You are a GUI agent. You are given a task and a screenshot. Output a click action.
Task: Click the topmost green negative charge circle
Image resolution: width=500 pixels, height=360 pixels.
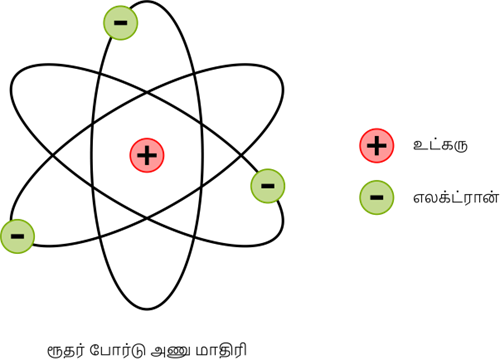click(x=121, y=22)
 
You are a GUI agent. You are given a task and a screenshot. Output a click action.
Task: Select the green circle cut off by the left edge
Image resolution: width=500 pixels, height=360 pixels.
click(x=17, y=236)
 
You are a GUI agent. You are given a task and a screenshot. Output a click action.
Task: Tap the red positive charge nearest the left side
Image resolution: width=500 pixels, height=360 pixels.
click(x=147, y=155)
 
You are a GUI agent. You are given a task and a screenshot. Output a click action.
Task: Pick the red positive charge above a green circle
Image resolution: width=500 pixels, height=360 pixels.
click(x=377, y=146)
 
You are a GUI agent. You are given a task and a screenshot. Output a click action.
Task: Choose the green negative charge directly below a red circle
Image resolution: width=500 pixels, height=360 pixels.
click(x=377, y=197)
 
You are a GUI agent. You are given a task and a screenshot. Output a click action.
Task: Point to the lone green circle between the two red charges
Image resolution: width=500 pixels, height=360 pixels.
click(x=268, y=186)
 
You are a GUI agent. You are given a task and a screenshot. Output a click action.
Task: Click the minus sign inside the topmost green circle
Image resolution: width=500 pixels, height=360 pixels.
click(x=121, y=21)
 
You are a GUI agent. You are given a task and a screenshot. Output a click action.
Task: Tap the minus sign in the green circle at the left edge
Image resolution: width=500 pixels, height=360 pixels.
click(x=16, y=236)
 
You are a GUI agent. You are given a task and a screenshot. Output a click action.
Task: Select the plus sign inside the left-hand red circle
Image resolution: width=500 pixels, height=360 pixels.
click(x=147, y=155)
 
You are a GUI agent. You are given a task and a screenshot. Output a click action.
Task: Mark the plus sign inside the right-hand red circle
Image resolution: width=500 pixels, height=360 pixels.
click(x=377, y=146)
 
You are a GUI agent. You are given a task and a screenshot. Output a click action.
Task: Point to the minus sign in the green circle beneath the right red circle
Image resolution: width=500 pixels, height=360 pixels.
click(x=377, y=197)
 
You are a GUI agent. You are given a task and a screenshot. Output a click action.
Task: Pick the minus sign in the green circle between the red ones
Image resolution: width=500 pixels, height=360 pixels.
click(x=268, y=185)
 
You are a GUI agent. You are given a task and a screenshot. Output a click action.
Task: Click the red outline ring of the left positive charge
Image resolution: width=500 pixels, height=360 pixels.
click(x=147, y=139)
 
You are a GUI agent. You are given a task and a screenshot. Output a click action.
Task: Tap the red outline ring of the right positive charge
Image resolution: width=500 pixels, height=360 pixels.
click(x=377, y=129)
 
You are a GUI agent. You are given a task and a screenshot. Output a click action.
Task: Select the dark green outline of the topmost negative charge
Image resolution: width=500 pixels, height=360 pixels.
click(x=121, y=5)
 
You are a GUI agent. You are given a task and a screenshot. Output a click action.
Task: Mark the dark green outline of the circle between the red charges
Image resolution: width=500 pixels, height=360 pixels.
click(x=268, y=169)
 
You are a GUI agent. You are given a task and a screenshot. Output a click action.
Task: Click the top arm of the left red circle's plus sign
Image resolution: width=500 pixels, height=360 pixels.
click(x=147, y=148)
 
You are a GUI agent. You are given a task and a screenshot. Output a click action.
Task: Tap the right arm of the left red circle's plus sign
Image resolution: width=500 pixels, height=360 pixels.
click(x=154, y=155)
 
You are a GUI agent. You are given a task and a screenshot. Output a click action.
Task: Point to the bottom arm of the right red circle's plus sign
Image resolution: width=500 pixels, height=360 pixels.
click(x=377, y=153)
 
